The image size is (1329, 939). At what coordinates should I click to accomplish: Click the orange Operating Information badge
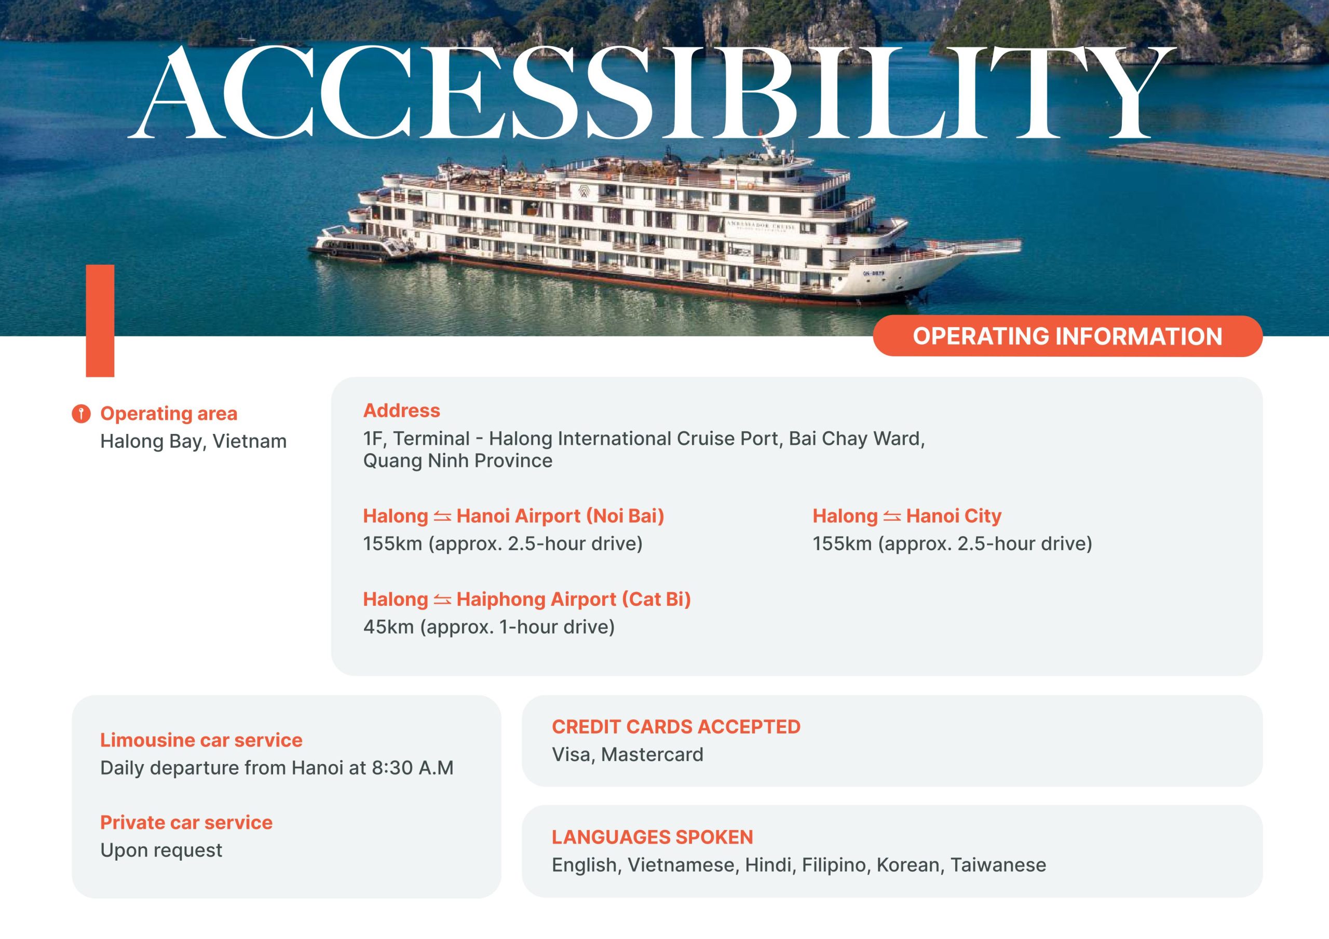coord(1067,336)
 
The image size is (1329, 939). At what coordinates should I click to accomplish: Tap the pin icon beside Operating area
coord(81,414)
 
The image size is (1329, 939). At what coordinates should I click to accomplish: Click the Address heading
coord(402,411)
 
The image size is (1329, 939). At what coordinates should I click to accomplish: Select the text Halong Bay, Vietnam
coord(193,442)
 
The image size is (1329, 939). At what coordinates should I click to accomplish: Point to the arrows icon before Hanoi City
coord(892,516)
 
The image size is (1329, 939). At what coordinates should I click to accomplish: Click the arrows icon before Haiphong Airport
coord(442,599)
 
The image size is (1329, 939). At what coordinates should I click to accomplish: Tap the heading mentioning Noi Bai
coord(513,516)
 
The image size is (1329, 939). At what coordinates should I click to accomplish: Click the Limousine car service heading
coord(201,740)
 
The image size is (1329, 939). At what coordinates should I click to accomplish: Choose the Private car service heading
coord(186,822)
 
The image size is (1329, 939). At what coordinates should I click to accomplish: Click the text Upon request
coord(161,850)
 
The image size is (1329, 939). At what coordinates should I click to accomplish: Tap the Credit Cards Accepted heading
coord(676,727)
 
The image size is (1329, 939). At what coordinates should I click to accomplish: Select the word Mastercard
coord(653,754)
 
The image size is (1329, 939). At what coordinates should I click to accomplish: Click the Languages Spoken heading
coord(653,837)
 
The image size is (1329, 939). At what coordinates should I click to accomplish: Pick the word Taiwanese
coord(998,865)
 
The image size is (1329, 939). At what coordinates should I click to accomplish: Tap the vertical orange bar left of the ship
coord(100,321)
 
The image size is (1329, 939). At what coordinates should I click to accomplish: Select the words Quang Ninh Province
coord(458,461)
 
